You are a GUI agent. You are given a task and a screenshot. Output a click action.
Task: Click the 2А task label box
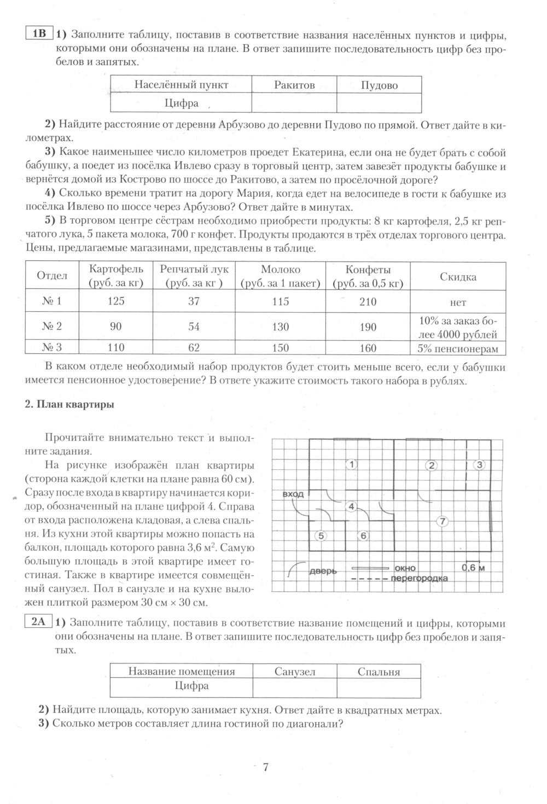[38, 622]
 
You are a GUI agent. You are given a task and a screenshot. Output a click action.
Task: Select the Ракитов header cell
[294, 85]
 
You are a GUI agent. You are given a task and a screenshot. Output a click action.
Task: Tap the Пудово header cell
[379, 85]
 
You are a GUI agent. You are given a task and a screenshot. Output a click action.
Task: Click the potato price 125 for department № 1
[116, 301]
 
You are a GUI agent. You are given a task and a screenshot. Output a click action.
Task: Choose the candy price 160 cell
[368, 347]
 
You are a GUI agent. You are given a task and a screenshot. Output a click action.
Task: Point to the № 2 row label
[52, 327]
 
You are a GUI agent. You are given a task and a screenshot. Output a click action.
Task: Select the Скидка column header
[458, 277]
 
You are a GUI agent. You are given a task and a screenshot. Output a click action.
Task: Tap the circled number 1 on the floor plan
[352, 464]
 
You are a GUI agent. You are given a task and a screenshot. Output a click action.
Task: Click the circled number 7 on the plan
[442, 521]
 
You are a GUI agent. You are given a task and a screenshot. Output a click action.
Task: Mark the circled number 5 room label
[322, 536]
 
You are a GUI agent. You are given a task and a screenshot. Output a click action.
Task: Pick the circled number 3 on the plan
[480, 465]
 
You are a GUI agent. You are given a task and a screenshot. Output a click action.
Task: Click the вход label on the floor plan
[293, 494]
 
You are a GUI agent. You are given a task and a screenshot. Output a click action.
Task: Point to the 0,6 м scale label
[473, 568]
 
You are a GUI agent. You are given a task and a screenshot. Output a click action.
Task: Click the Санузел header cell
[295, 672]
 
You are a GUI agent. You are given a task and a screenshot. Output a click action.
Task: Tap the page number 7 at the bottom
[266, 767]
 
